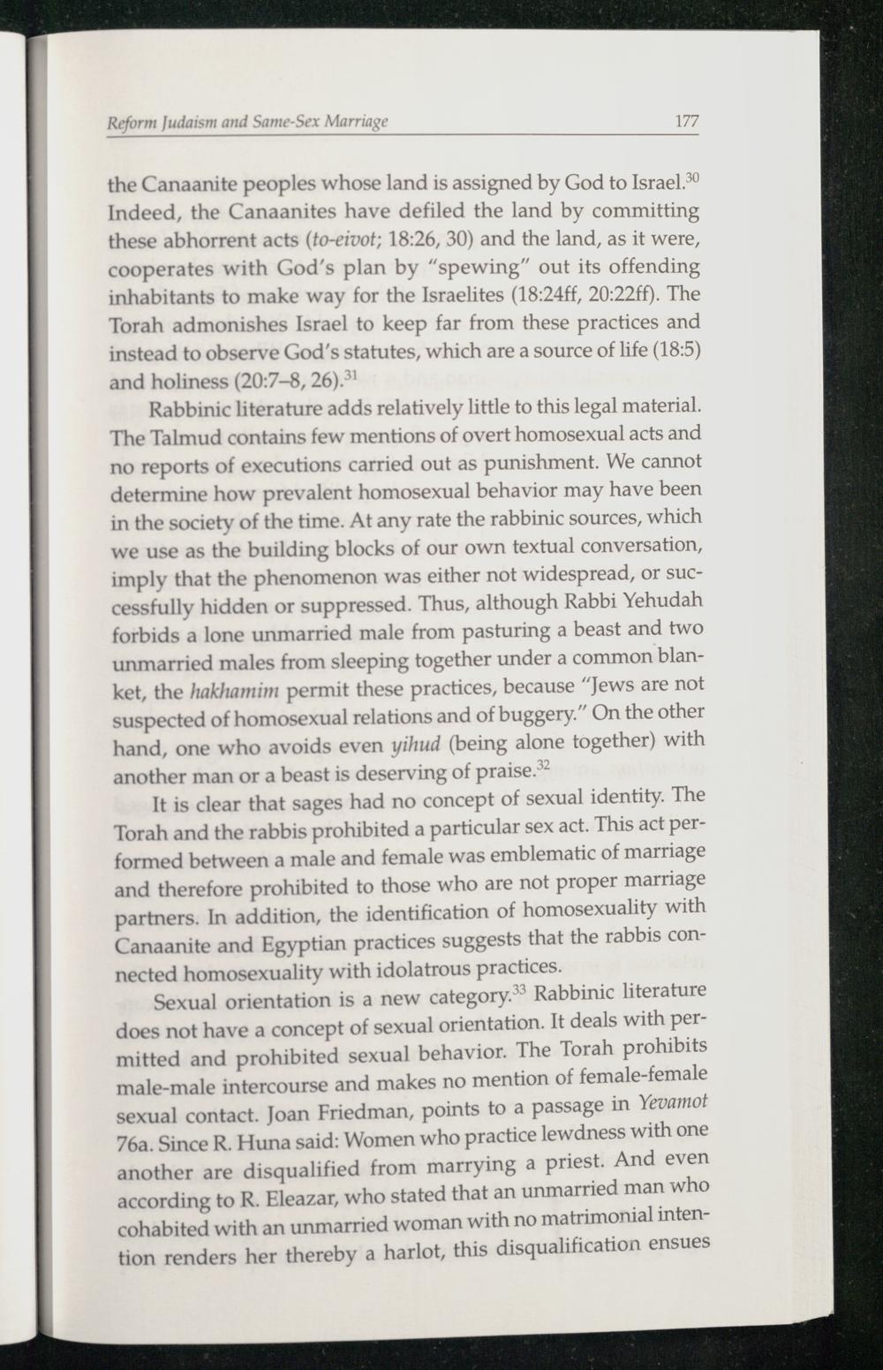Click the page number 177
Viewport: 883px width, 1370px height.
pos(686,122)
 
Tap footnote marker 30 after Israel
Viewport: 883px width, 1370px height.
pos(692,180)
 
